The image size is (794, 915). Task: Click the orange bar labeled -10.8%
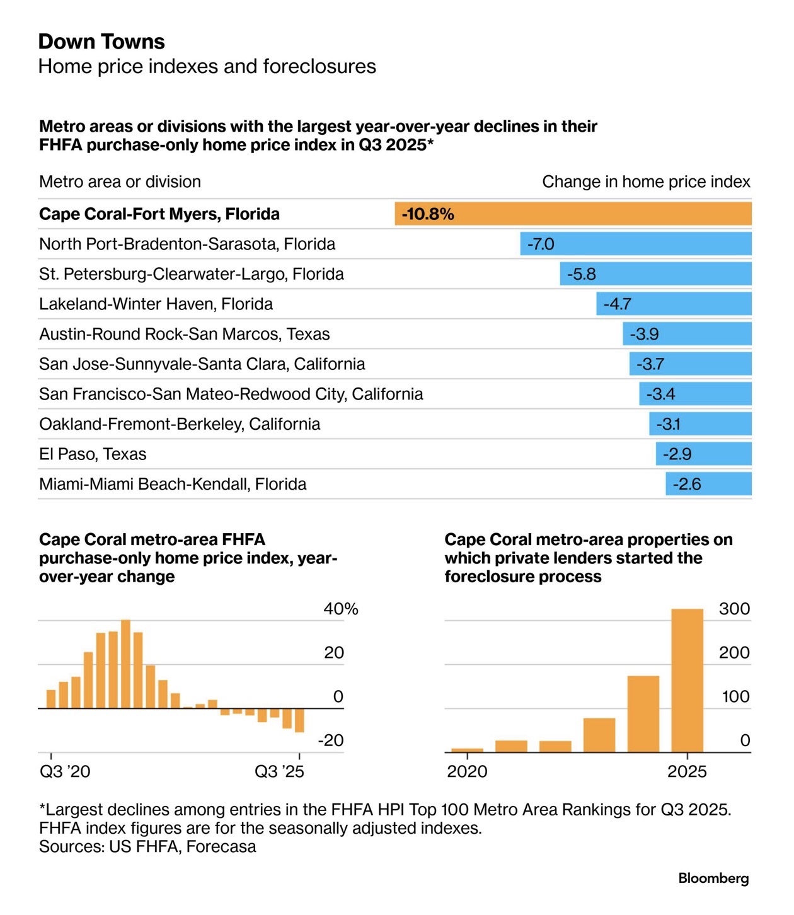pos(573,214)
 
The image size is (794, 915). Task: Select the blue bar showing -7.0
pos(635,244)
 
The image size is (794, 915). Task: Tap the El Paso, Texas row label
pos(93,454)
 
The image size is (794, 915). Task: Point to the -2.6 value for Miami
pos(686,484)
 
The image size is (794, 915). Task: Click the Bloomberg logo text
pos(713,878)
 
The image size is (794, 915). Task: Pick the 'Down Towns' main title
pos(101,42)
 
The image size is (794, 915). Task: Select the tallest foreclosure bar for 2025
pos(687,680)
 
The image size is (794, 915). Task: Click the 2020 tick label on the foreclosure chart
pos(467,772)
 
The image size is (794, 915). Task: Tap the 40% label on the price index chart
pos(340,609)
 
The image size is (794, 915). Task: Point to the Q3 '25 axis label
pos(279,772)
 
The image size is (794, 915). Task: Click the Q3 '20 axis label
pos(65,772)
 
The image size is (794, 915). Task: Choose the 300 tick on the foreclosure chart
pos(734,609)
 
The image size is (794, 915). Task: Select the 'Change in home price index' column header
pos(646,182)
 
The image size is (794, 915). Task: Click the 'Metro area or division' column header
pos(120,182)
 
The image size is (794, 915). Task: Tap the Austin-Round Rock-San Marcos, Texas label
pos(184,334)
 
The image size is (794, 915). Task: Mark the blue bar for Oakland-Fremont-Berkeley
pos(700,424)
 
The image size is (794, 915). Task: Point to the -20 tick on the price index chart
pos(331,740)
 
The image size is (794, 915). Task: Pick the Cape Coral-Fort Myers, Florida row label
pos(159,214)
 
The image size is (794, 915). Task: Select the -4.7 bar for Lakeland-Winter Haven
pos(674,304)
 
